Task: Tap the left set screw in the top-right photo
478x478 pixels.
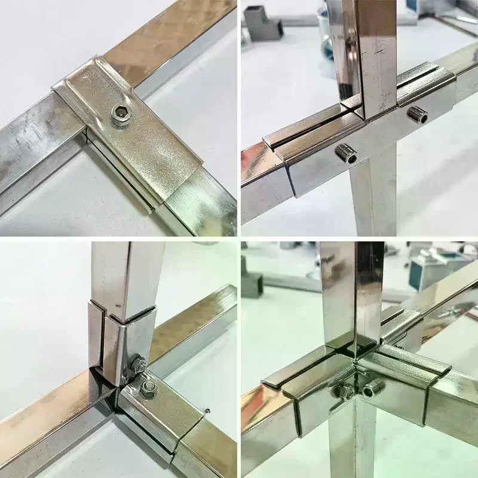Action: [x=346, y=154]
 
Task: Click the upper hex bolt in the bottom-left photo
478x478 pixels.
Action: [x=139, y=364]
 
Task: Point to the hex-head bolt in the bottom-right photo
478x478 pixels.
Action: [x=345, y=392]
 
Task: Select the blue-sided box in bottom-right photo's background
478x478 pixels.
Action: [x=439, y=263]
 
